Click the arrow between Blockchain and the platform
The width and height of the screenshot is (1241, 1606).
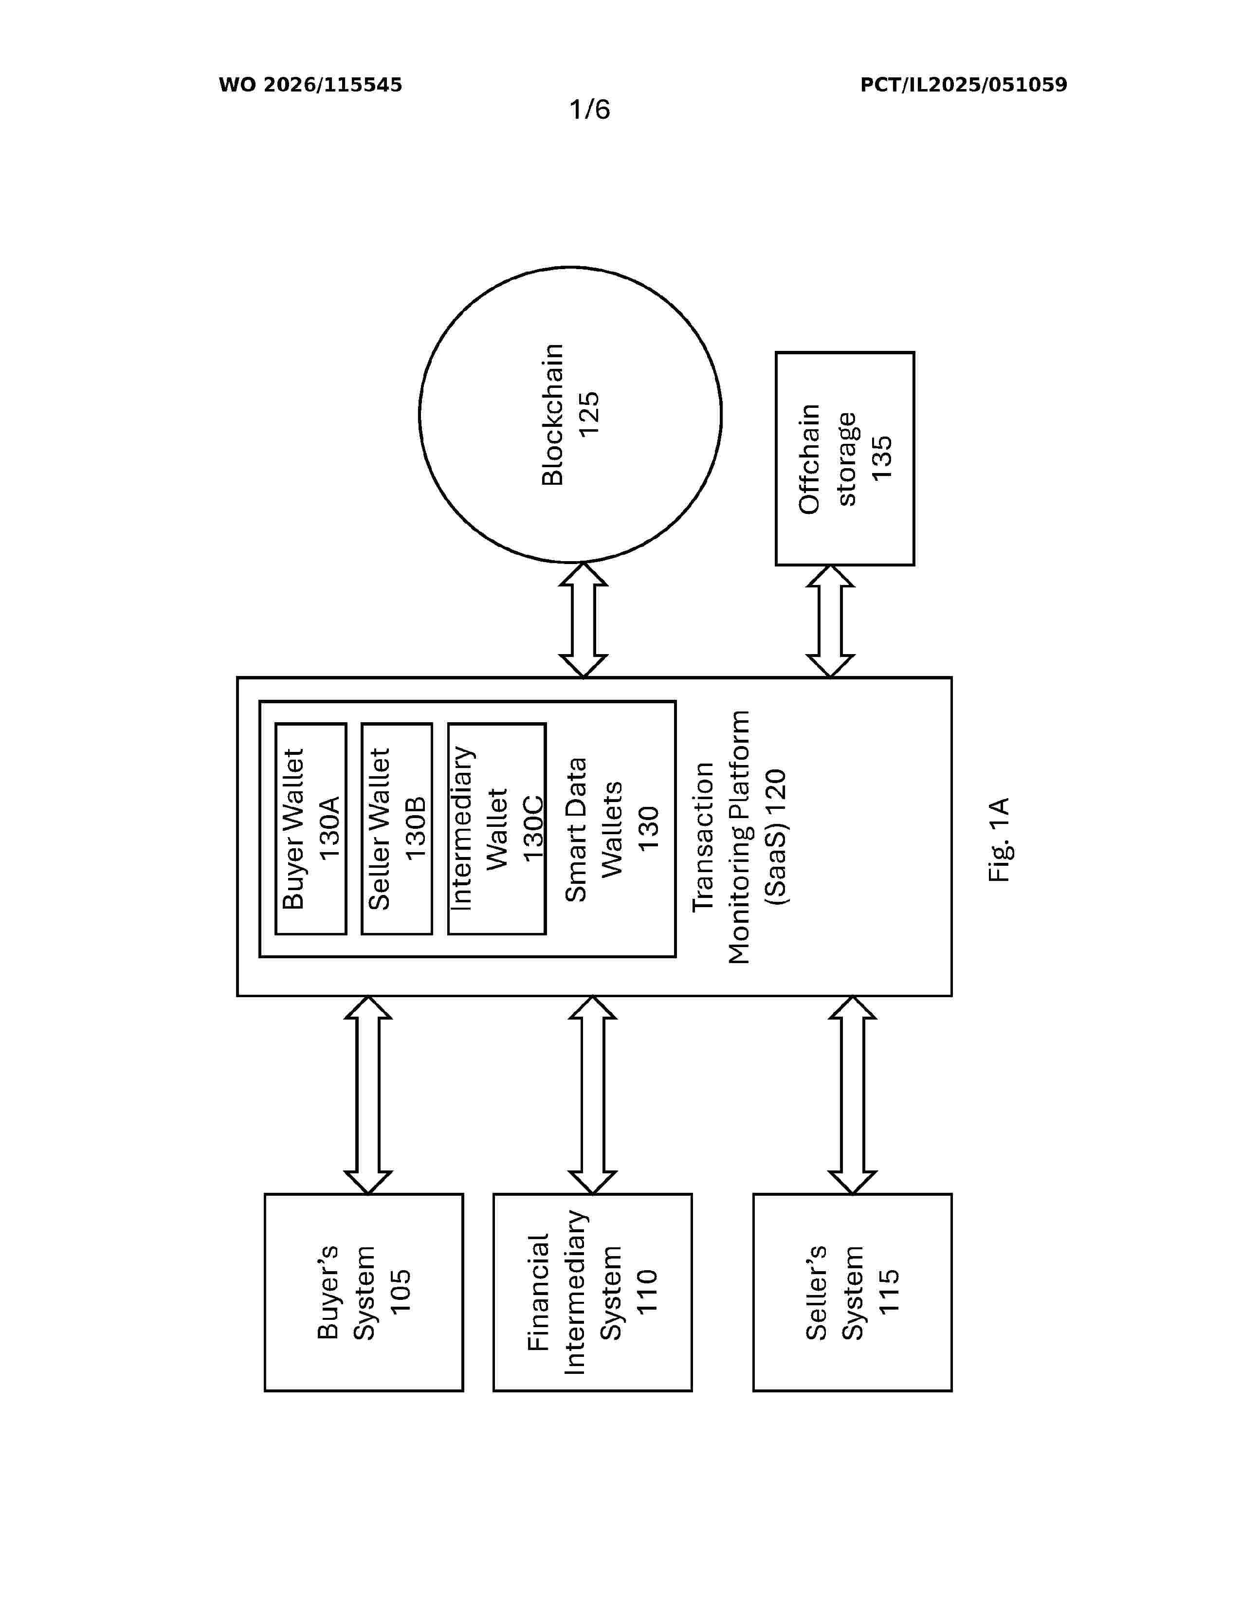pyautogui.click(x=583, y=620)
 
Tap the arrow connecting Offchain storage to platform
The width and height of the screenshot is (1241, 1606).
pyautogui.click(x=830, y=621)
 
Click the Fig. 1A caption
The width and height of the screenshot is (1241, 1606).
pyautogui.click(x=1000, y=840)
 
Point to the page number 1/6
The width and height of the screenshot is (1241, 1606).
pyautogui.click(x=590, y=109)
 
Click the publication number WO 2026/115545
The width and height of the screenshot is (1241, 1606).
pyautogui.click(x=310, y=85)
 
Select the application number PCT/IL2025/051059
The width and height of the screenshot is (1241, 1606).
pyautogui.click(x=964, y=85)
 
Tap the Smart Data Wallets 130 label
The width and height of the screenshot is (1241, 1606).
pyautogui.click(x=612, y=829)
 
